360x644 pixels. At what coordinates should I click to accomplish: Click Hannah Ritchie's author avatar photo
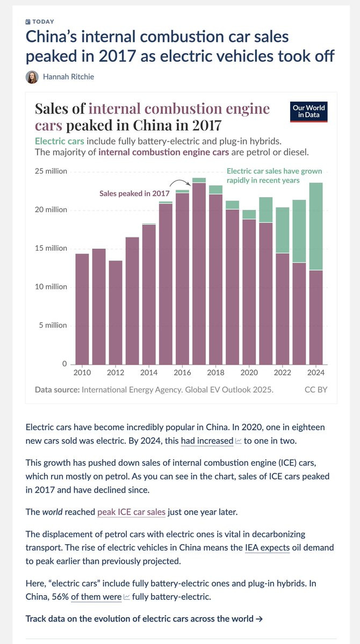click(32, 77)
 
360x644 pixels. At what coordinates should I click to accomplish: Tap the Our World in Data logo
click(308, 111)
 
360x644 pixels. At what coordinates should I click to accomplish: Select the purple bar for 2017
click(199, 274)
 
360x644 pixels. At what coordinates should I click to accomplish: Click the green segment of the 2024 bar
click(316, 226)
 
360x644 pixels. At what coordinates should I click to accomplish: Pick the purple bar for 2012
click(116, 312)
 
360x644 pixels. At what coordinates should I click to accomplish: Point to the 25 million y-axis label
click(51, 171)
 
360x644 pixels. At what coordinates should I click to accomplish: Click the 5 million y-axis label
click(53, 325)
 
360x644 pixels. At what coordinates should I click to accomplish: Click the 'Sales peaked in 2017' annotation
click(134, 193)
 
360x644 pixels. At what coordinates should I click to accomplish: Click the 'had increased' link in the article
click(207, 441)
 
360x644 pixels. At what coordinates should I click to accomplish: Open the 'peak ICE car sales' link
click(131, 512)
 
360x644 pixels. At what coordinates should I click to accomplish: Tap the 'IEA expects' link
click(267, 547)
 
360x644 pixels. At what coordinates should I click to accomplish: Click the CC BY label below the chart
click(315, 389)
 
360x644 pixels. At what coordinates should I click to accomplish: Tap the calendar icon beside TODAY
click(28, 21)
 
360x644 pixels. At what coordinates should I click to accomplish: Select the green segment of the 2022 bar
click(283, 230)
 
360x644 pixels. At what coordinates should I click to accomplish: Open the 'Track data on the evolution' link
click(144, 618)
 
